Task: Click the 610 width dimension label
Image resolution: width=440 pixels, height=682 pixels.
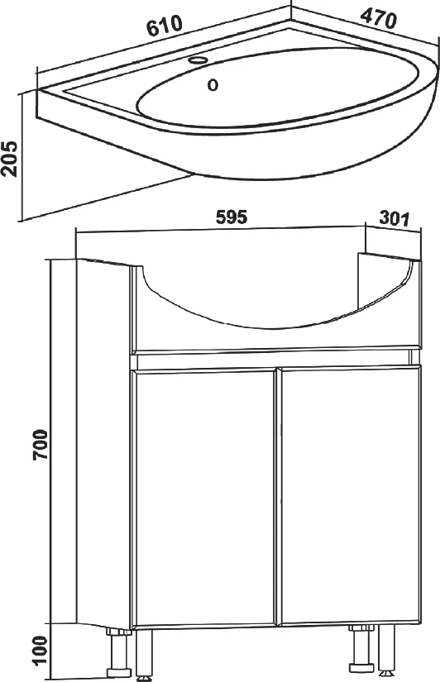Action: (164, 26)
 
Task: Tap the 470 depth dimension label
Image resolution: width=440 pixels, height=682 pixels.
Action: (378, 19)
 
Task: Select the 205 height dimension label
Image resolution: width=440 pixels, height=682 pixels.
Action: (9, 159)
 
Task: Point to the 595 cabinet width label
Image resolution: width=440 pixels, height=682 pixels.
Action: (231, 217)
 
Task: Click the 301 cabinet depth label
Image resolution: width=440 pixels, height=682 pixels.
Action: (395, 218)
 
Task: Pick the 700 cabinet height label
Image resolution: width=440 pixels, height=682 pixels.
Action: (41, 445)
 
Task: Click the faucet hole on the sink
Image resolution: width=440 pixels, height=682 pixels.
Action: (198, 60)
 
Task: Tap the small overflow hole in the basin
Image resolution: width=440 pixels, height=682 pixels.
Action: (213, 85)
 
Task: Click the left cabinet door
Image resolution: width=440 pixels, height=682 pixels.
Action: (204, 498)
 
